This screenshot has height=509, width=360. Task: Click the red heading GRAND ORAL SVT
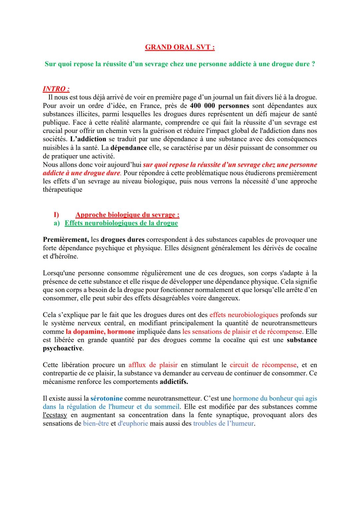(180, 47)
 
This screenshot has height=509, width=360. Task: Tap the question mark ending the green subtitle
(313, 64)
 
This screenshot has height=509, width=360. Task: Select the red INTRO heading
(56, 89)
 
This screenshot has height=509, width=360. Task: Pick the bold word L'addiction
(88, 139)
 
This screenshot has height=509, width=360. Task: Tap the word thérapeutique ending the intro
(62, 190)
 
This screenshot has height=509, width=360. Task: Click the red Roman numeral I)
(56, 215)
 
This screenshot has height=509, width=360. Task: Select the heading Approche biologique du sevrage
(127, 215)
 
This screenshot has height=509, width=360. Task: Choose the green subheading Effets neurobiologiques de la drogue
(121, 223)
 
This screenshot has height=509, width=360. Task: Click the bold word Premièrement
(66, 240)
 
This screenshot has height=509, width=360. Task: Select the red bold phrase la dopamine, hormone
(100, 332)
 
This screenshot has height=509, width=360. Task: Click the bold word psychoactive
(63, 348)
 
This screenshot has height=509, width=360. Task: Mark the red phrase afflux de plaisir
(153, 365)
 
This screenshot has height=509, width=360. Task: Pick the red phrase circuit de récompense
(263, 365)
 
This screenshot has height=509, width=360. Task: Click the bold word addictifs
(174, 382)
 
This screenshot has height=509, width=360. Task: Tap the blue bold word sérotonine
(106, 398)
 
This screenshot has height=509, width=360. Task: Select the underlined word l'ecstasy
(55, 415)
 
